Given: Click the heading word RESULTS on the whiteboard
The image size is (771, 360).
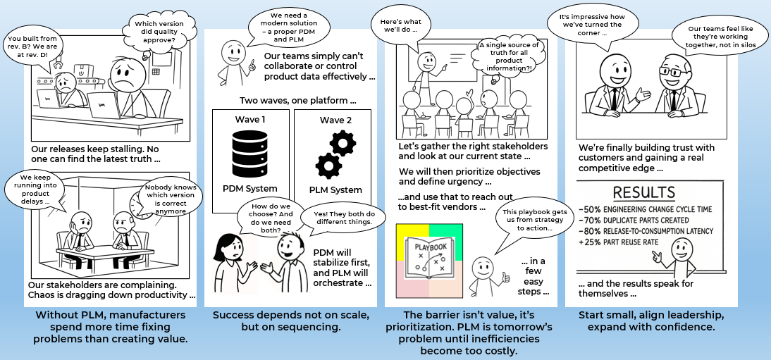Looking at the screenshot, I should pyautogui.click(x=643, y=192).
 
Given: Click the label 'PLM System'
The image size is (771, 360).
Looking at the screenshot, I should pyautogui.click(x=335, y=189).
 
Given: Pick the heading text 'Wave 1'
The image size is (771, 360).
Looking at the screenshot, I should pyautogui.click(x=250, y=119).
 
